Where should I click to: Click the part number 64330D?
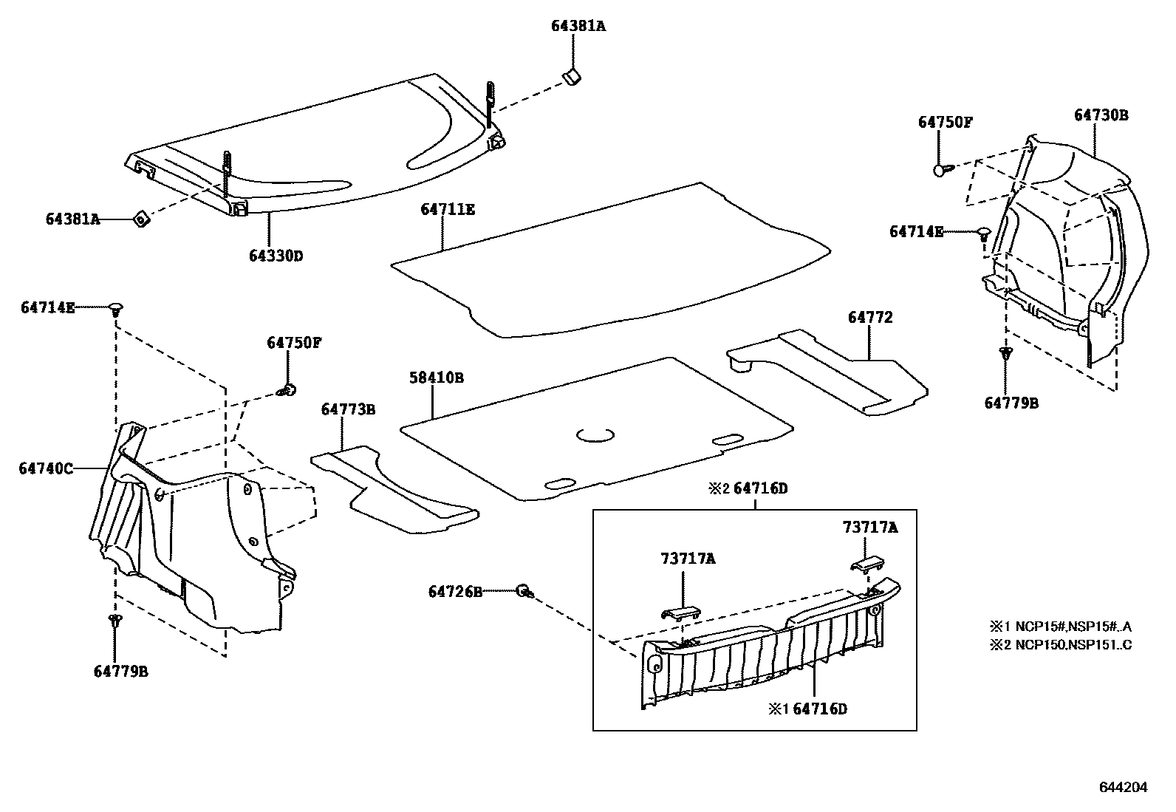point(276,256)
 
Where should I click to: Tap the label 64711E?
point(448,209)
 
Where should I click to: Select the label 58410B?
point(437,378)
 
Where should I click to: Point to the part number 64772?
point(870,317)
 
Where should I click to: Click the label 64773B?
point(348,409)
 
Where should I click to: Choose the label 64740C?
point(46,468)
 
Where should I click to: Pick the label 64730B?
point(1101,115)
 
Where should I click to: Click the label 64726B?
point(455,591)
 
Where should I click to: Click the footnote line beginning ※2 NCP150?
point(1060,644)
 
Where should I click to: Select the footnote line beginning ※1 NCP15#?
point(1060,627)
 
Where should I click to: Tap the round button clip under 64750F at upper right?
point(940,170)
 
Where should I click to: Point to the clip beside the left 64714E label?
point(116,308)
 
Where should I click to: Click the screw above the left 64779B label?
point(114,622)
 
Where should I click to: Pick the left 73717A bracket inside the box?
point(680,613)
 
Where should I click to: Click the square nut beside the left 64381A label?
point(140,219)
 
